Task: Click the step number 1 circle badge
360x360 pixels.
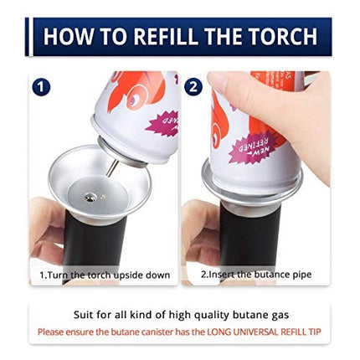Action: (42, 86)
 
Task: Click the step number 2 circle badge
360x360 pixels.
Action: (193, 86)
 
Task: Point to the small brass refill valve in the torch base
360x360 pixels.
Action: (90, 198)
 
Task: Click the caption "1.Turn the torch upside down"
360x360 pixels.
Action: (105, 275)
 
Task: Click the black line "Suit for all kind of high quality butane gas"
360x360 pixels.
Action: (180, 316)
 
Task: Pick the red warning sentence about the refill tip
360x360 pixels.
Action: (180, 332)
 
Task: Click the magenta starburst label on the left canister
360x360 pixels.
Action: (159, 123)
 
